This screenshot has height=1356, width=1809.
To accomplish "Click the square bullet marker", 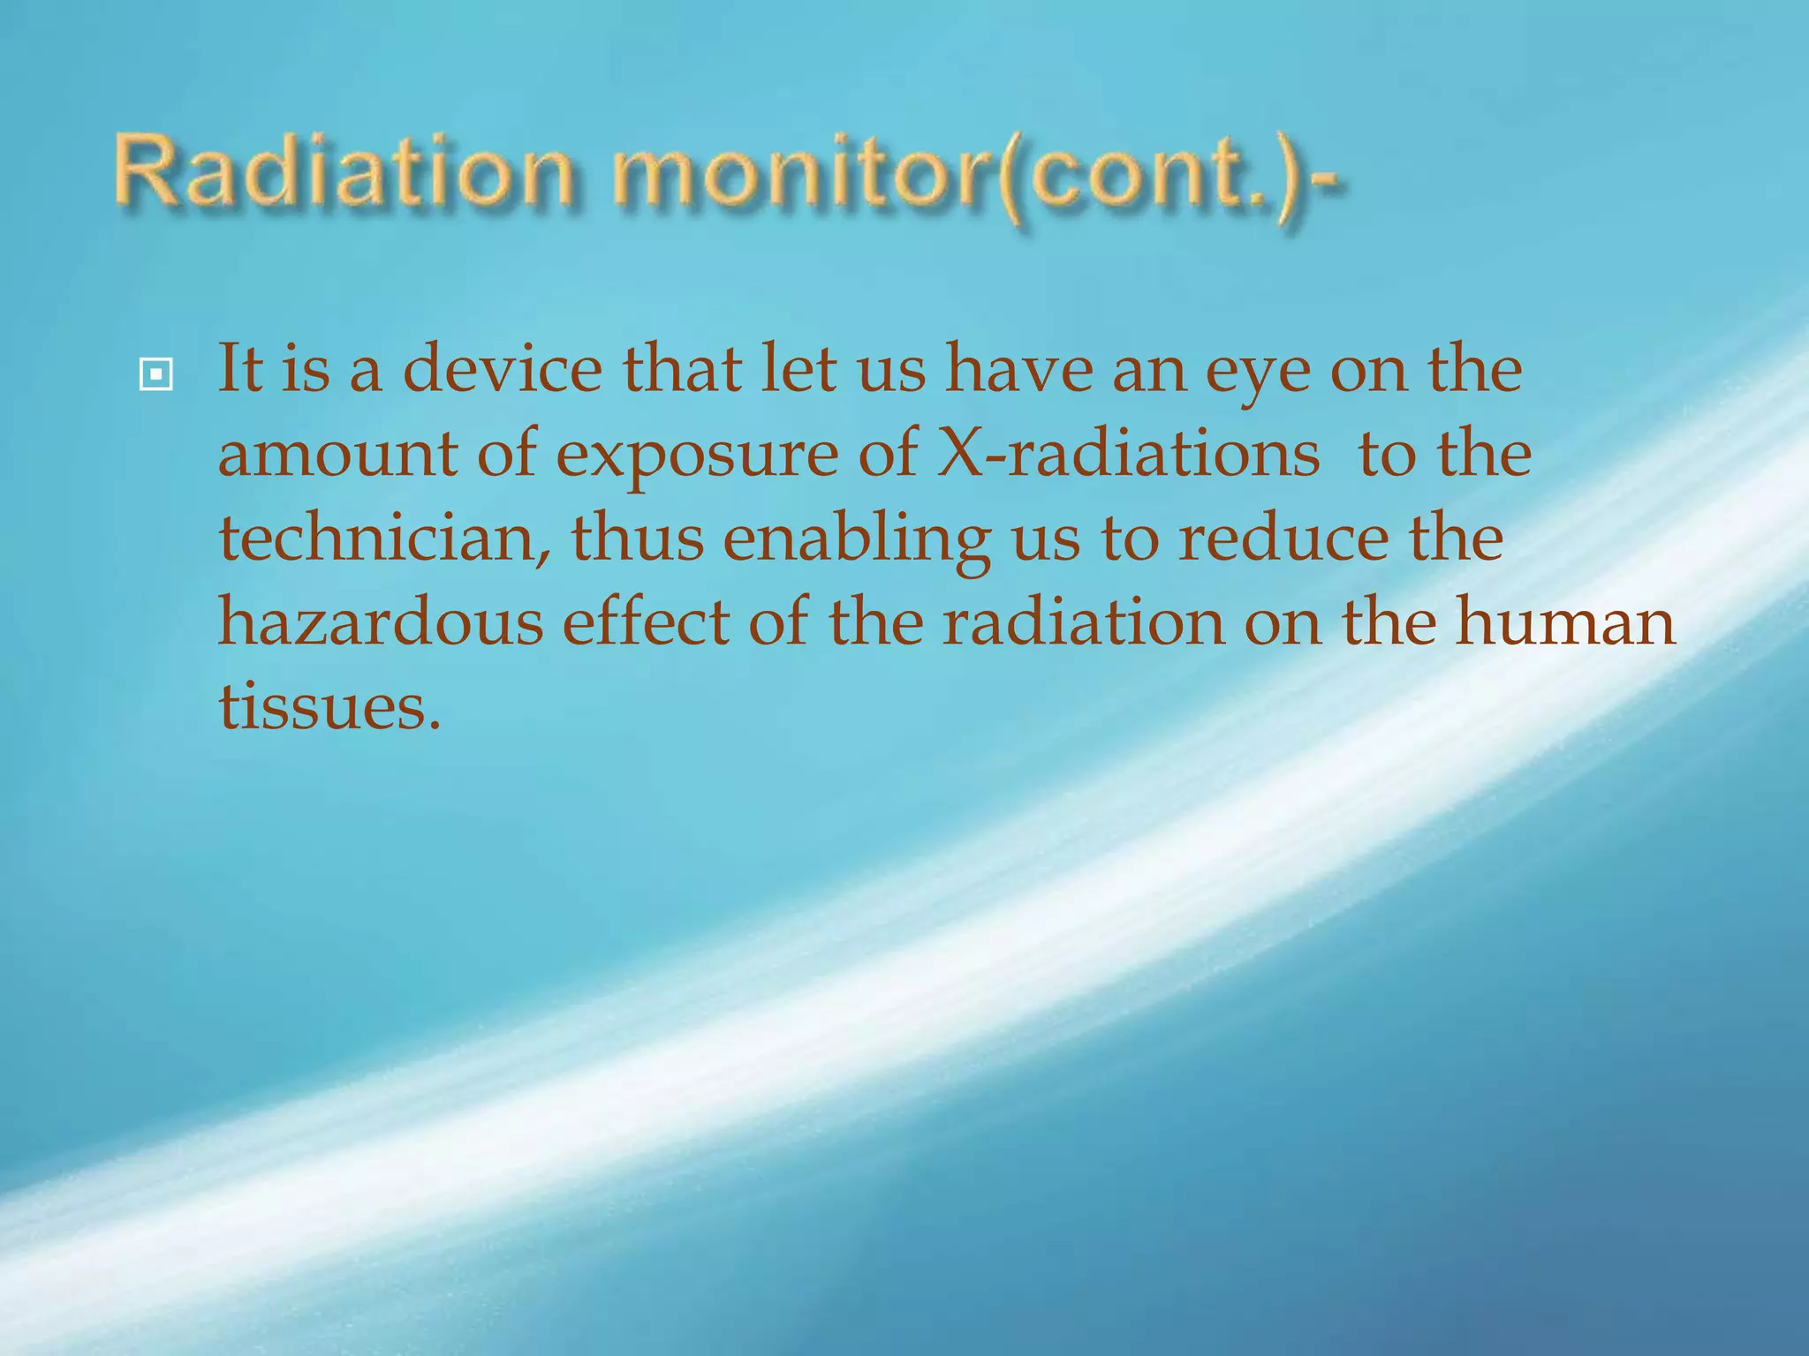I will tap(155, 375).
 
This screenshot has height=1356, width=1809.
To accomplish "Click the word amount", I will tap(337, 454).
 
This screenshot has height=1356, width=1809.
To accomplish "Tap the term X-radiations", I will tap(1127, 453).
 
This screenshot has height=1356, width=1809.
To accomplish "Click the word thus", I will tap(637, 539).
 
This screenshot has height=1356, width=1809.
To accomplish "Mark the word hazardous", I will tap(380, 621).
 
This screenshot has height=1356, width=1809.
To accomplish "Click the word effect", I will tap(646, 621).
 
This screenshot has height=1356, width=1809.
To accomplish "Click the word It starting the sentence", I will tap(239, 368).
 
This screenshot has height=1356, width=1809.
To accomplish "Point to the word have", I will tap(1018, 368).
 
